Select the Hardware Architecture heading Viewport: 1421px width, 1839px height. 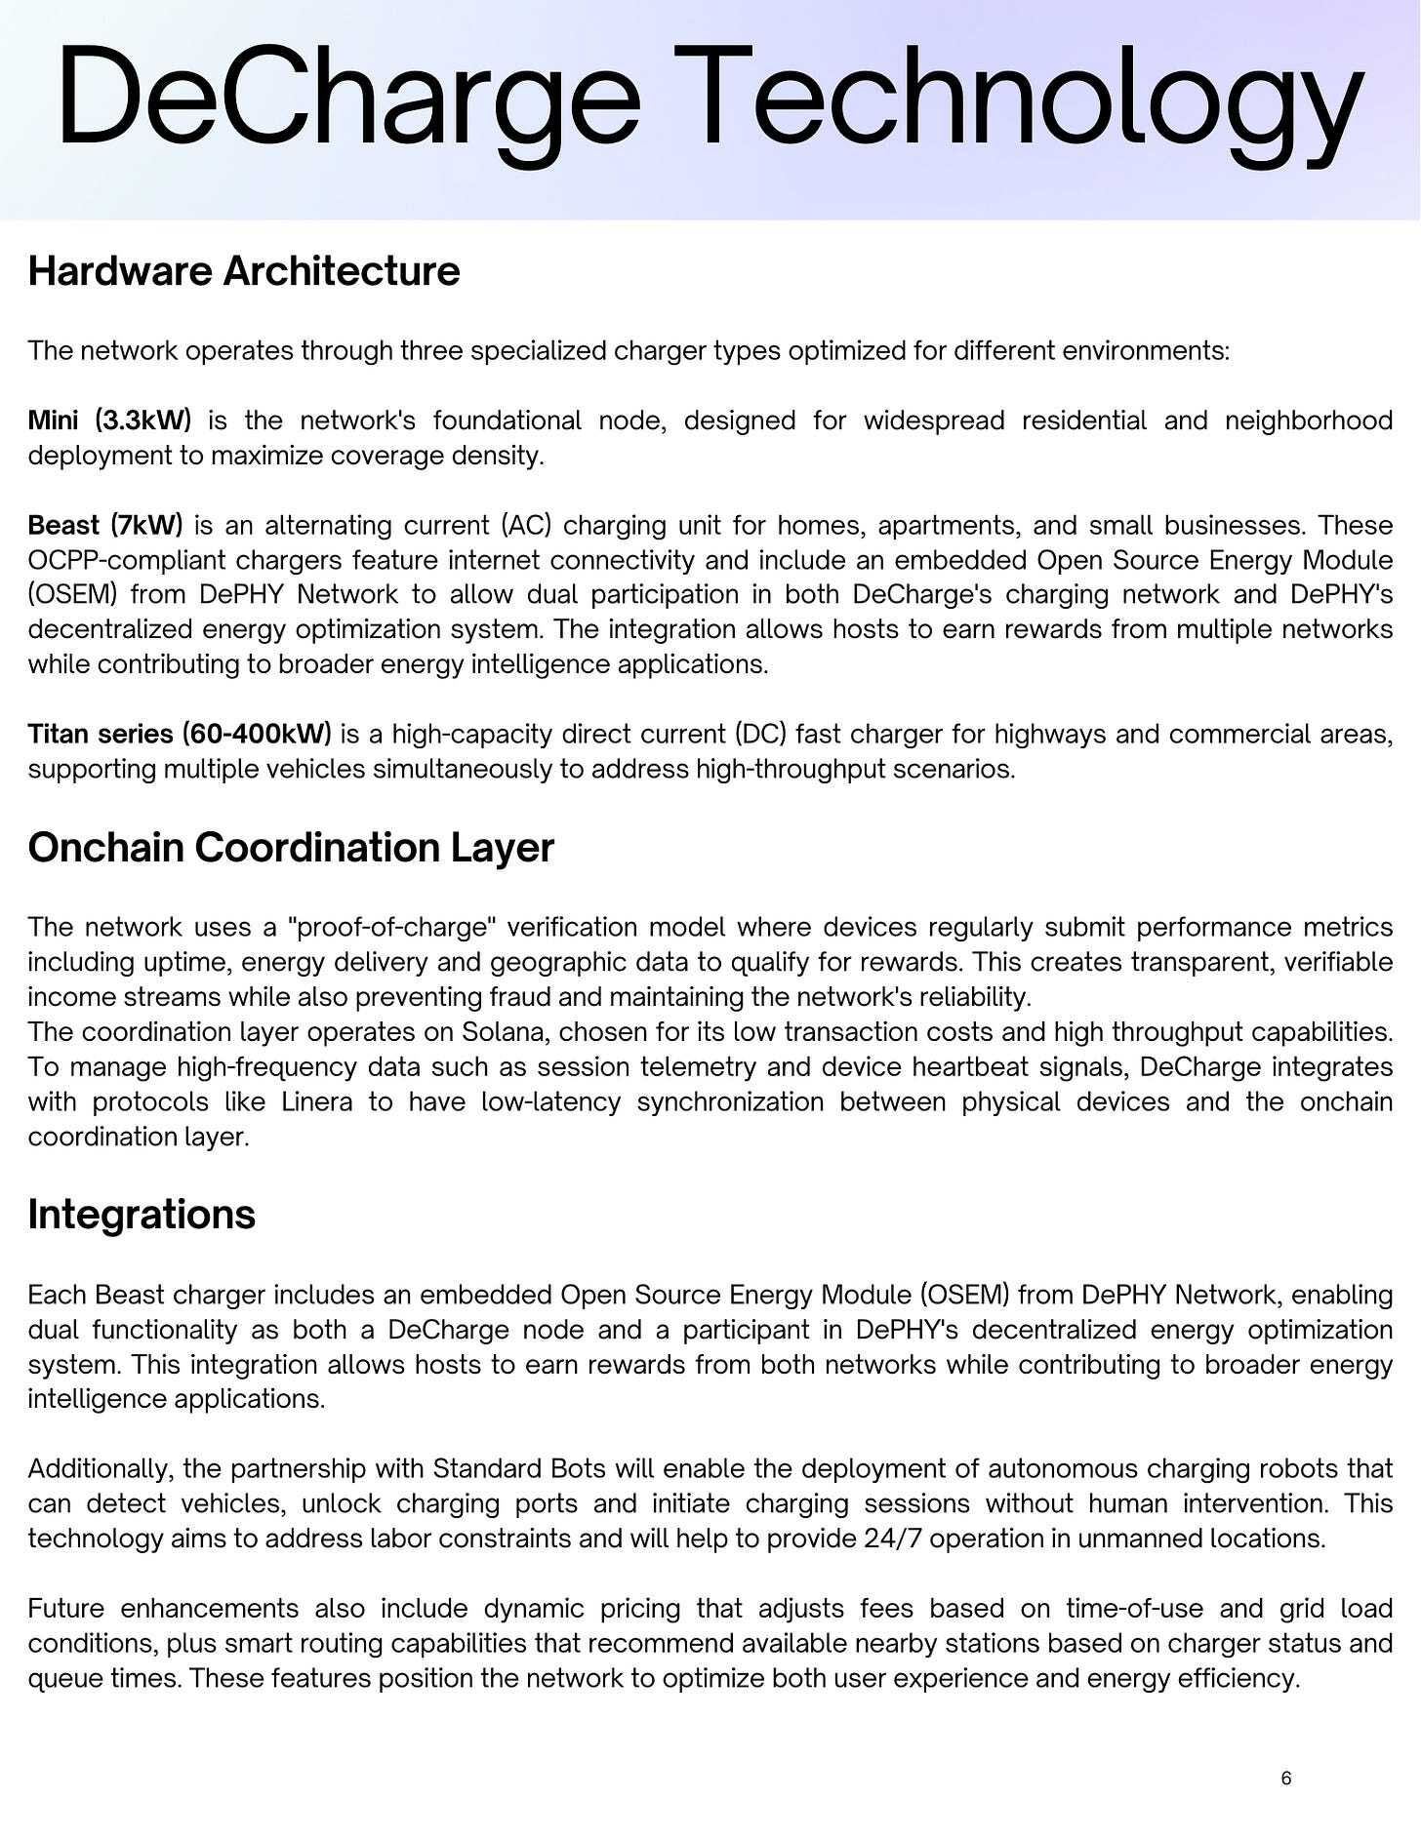point(243,271)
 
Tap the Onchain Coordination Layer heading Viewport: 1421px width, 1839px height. point(291,847)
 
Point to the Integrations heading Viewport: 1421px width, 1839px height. point(142,1215)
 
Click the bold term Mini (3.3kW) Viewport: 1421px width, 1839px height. point(109,420)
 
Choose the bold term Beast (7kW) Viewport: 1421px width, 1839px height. point(105,526)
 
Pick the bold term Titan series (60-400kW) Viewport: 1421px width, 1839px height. point(180,734)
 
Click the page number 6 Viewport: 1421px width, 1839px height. point(1285,1779)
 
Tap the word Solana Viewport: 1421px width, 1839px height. point(504,1032)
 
